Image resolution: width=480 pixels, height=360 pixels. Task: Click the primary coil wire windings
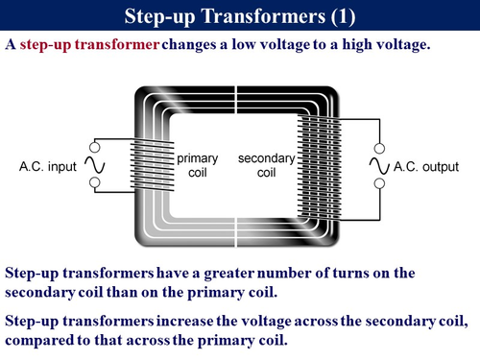coord(155,165)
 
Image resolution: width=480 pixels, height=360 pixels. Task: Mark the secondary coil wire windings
coord(318,165)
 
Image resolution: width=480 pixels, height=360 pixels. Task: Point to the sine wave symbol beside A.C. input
coord(94,166)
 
